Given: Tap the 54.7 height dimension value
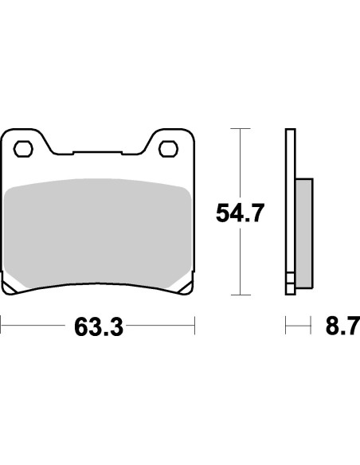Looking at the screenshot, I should click(240, 213).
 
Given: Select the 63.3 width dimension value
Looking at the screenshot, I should click(98, 327).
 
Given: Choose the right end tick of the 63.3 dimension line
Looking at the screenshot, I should click(194, 326).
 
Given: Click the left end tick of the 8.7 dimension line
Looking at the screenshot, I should click(286, 326).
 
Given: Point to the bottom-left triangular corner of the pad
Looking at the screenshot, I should click(10, 287).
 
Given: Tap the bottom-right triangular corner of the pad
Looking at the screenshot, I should click(186, 287).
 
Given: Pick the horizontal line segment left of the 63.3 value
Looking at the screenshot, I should click(36, 326).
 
